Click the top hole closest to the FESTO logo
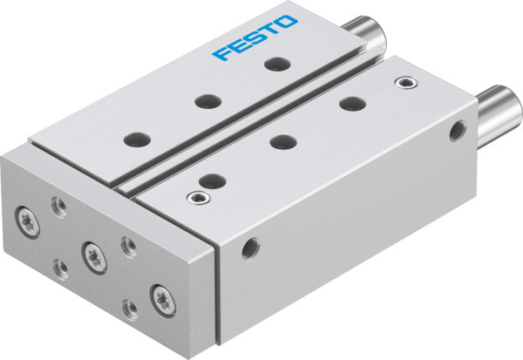click(x=276, y=64)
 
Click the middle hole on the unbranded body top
click(x=282, y=140)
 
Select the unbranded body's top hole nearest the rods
click(x=352, y=103)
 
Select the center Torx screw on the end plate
click(x=92, y=254)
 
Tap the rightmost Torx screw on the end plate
click(x=163, y=295)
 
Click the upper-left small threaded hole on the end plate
click(x=58, y=205)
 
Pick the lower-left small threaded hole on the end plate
click(x=60, y=266)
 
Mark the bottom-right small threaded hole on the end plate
click(x=130, y=307)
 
